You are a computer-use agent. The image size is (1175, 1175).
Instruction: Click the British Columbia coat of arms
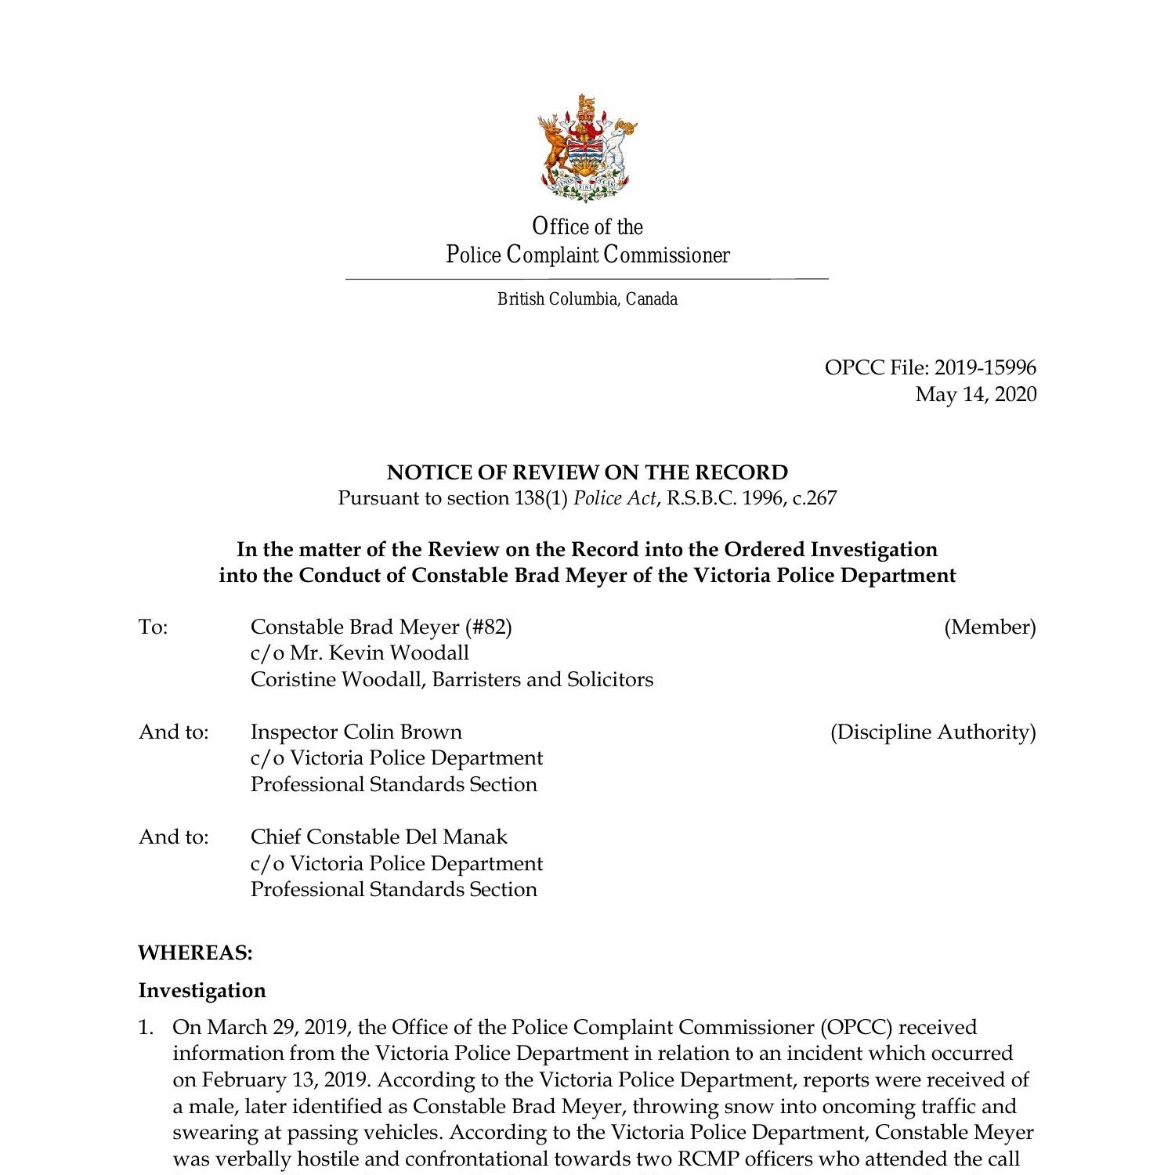coord(587,147)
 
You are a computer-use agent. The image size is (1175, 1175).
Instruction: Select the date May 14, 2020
coord(975,394)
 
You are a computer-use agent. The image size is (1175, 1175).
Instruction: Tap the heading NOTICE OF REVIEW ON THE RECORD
coord(587,472)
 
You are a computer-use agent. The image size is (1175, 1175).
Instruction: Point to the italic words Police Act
coord(615,498)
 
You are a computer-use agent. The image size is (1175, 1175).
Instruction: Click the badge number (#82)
coord(488,627)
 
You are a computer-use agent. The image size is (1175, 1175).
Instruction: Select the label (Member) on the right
coord(989,627)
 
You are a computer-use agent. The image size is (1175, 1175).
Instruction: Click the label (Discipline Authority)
coord(932,732)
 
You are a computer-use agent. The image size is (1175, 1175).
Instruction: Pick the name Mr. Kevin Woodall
coord(379,653)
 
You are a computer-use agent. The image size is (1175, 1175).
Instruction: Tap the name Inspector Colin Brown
coord(356,732)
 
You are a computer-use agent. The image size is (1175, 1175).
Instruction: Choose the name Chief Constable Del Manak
coord(379,837)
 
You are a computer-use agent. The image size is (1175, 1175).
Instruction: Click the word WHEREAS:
coord(195,953)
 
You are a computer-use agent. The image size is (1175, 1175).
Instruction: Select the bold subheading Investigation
coord(202,990)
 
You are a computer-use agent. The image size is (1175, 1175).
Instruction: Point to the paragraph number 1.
coord(146,1027)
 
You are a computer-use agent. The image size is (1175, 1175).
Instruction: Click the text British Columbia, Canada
coord(587,299)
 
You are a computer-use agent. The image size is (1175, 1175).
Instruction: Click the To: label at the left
coord(154,627)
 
